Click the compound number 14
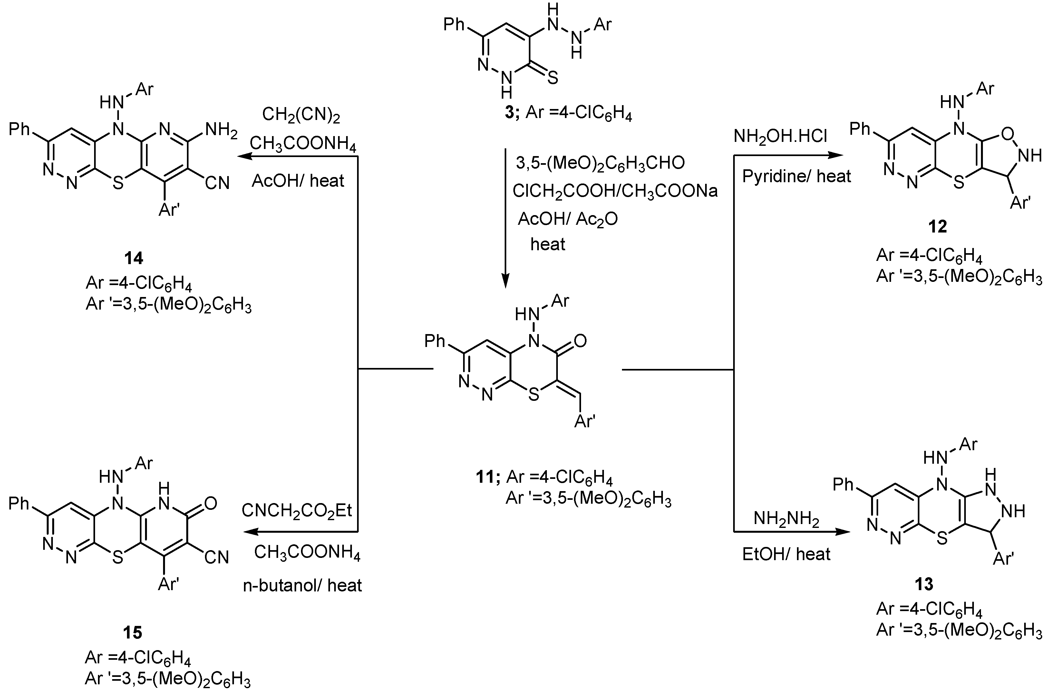[x=134, y=258]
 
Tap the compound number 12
[x=937, y=227]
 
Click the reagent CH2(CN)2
[x=301, y=115]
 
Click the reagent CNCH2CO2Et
[x=297, y=510]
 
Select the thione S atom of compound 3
[x=552, y=78]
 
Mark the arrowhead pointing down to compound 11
[x=506, y=281]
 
